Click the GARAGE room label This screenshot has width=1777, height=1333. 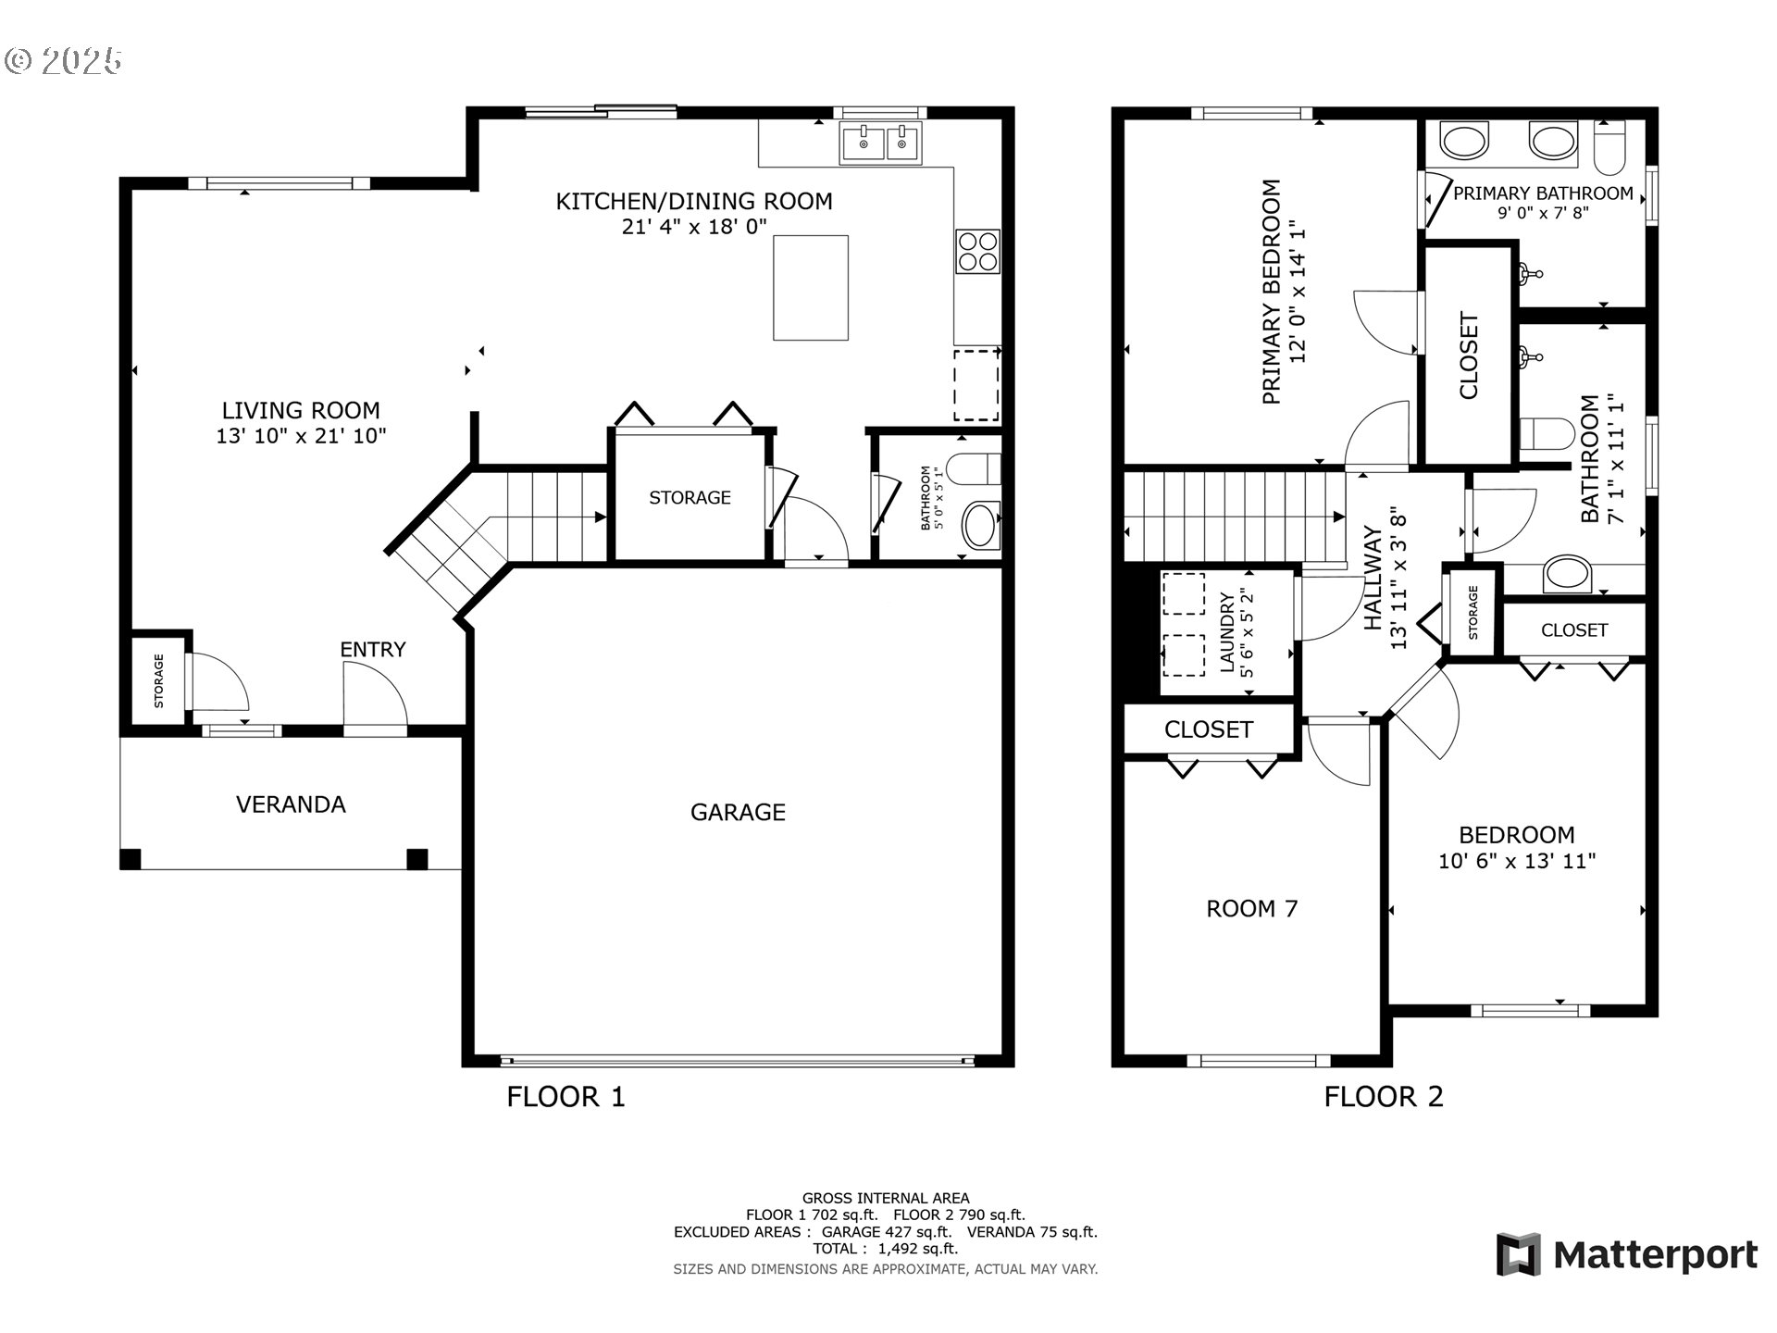coord(738,812)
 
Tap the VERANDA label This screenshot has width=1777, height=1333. coord(291,804)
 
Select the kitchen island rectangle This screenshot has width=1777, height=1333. coord(811,288)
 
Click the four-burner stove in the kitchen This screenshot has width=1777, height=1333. coord(978,250)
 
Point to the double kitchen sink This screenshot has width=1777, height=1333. coord(881,144)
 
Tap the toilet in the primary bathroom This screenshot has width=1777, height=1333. coord(1611,148)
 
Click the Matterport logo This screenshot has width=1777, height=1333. coord(1627,1254)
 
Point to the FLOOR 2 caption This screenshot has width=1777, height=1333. coord(1384,1097)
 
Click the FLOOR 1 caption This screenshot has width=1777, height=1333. coord(565,1097)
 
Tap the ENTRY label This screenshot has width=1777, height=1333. coord(373,650)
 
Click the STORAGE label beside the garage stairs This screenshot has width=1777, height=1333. coord(690,498)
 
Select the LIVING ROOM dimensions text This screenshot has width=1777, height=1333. coord(301,435)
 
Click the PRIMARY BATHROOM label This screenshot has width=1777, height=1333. coord(1543,193)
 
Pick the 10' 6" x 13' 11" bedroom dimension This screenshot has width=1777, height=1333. coord(1517,861)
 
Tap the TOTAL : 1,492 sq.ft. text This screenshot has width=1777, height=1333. coord(886,1249)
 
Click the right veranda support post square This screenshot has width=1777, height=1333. coord(417,859)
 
